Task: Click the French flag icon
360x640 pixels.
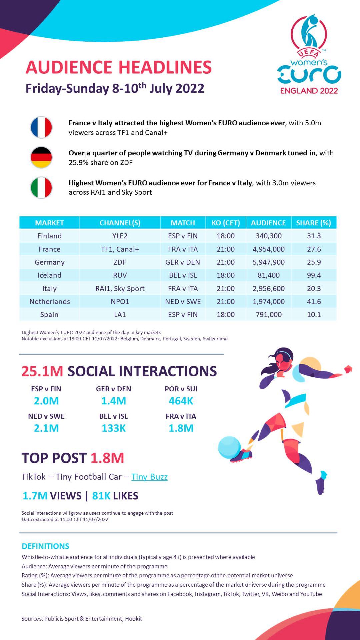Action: tap(41, 127)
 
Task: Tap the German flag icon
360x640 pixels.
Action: tap(41, 157)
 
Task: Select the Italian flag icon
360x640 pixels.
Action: tap(41, 187)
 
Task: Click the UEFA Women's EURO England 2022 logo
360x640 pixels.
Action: tap(309, 55)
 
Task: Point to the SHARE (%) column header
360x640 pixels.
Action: tap(313, 223)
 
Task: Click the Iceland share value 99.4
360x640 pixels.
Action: tap(314, 275)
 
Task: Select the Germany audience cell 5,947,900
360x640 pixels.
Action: tap(268, 262)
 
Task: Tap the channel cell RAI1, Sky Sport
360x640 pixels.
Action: tap(120, 289)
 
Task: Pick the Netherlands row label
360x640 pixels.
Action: tap(50, 302)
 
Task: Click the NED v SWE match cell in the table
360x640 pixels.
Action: tap(183, 302)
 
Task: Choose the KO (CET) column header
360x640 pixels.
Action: tap(226, 223)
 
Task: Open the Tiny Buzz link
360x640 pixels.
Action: tap(149, 477)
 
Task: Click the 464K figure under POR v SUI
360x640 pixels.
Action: tap(181, 401)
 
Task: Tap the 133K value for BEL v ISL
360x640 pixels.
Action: tap(113, 428)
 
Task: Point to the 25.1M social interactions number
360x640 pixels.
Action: tap(42, 371)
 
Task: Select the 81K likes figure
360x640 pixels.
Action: tap(101, 496)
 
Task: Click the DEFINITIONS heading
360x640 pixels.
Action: tap(45, 546)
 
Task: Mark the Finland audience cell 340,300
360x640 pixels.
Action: tap(268, 236)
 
